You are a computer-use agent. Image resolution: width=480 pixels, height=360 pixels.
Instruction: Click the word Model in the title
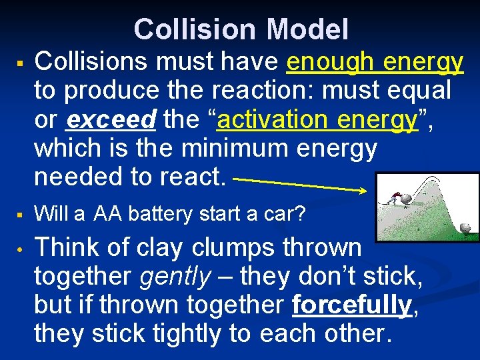click(307, 29)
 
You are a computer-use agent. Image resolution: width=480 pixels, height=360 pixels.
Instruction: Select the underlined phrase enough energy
click(375, 62)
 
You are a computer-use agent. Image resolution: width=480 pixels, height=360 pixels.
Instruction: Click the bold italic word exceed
click(112, 121)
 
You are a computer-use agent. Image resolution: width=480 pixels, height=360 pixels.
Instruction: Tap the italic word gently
click(174, 276)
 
